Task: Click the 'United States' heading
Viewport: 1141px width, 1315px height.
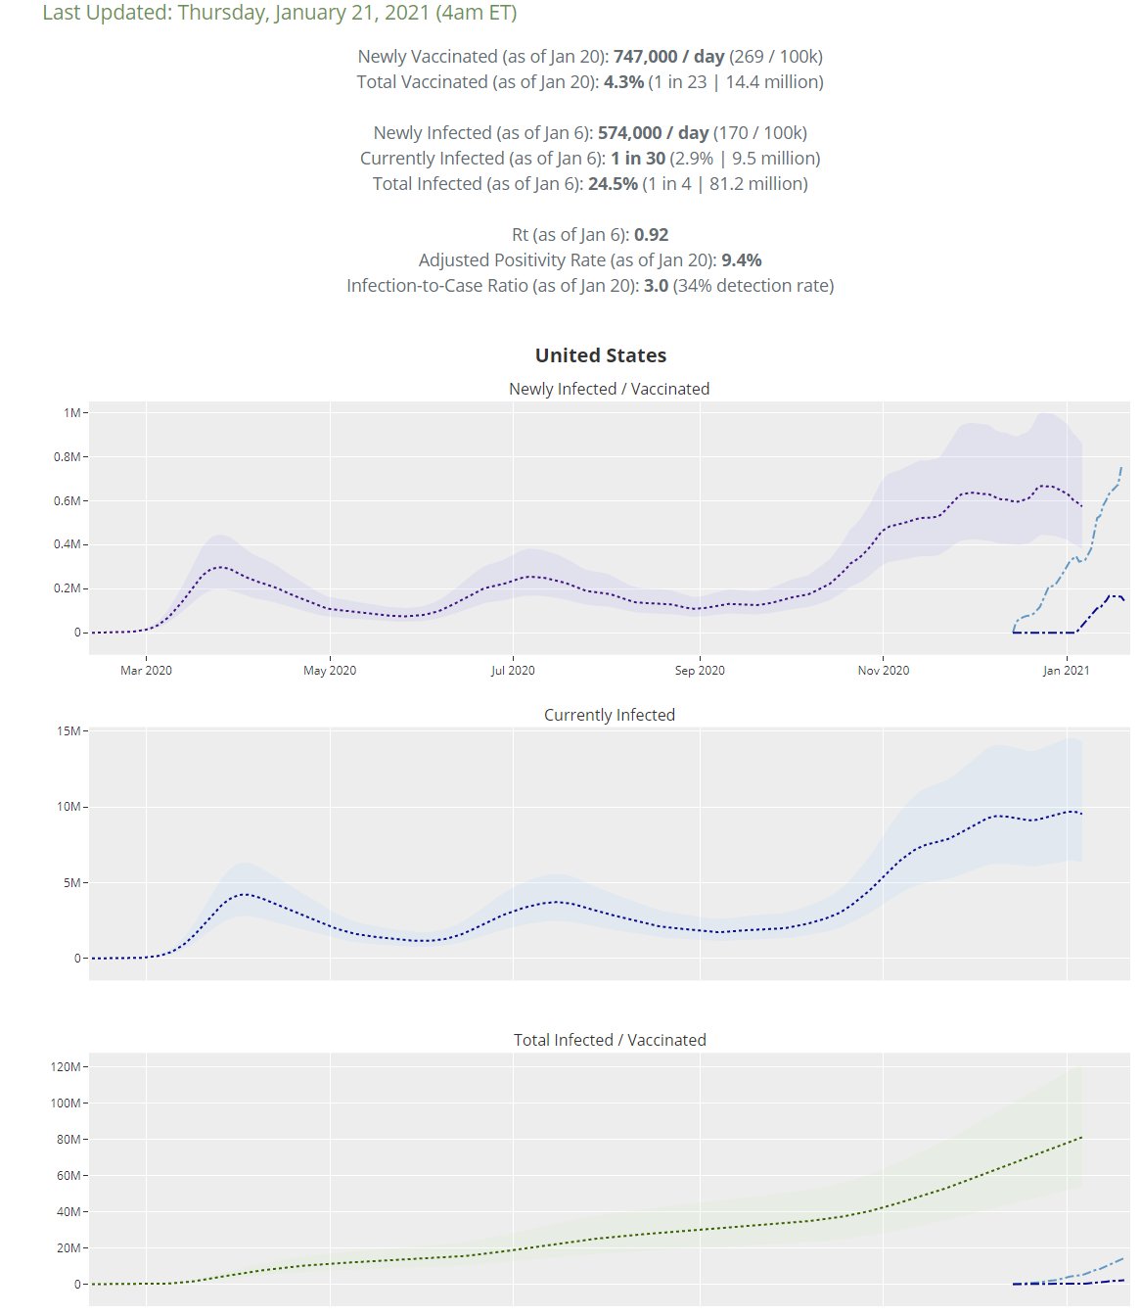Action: pos(601,355)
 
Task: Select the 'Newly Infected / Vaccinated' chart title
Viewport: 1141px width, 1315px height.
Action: pos(609,389)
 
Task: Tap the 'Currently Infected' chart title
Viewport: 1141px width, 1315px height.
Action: pos(609,715)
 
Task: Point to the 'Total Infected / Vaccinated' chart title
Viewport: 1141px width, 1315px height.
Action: pos(609,1040)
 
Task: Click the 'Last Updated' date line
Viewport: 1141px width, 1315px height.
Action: pos(280,13)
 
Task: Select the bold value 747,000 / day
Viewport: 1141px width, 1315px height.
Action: pos(668,57)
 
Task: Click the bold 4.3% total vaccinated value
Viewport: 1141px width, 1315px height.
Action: pos(623,82)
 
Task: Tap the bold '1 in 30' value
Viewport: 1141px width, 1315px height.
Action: pos(638,159)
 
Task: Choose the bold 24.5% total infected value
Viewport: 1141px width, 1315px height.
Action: pos(613,184)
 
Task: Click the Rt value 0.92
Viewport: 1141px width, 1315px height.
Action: pos(651,235)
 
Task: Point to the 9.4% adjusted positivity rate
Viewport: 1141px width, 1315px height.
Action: pos(741,260)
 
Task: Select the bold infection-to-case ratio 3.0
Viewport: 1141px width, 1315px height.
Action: pos(656,286)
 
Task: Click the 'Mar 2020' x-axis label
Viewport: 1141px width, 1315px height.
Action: pos(146,671)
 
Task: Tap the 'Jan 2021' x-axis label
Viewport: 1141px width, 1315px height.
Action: pos(1066,671)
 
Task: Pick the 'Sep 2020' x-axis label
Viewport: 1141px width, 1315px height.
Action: pos(700,671)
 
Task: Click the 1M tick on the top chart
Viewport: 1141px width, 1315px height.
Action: pos(71,413)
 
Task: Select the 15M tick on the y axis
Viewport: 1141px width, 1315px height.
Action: pos(68,731)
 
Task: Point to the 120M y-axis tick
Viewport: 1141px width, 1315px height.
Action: pos(66,1067)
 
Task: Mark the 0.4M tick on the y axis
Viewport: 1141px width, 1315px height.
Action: pos(67,544)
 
